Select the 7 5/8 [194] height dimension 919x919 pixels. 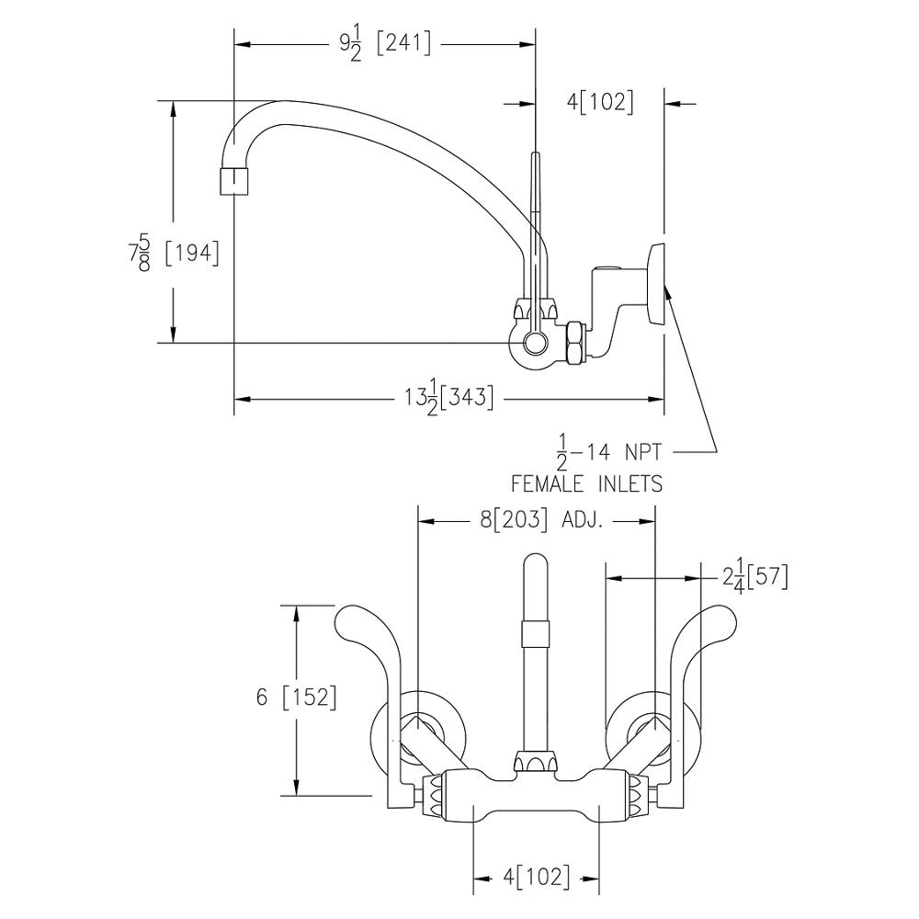[175, 253]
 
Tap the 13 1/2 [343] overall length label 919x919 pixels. [449, 398]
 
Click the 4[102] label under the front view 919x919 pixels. [536, 876]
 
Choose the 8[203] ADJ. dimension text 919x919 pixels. [540, 520]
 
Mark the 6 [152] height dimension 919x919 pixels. [296, 698]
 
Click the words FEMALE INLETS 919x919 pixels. [586, 483]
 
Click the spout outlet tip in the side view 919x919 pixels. [235, 180]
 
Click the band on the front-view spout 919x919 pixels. [535, 632]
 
